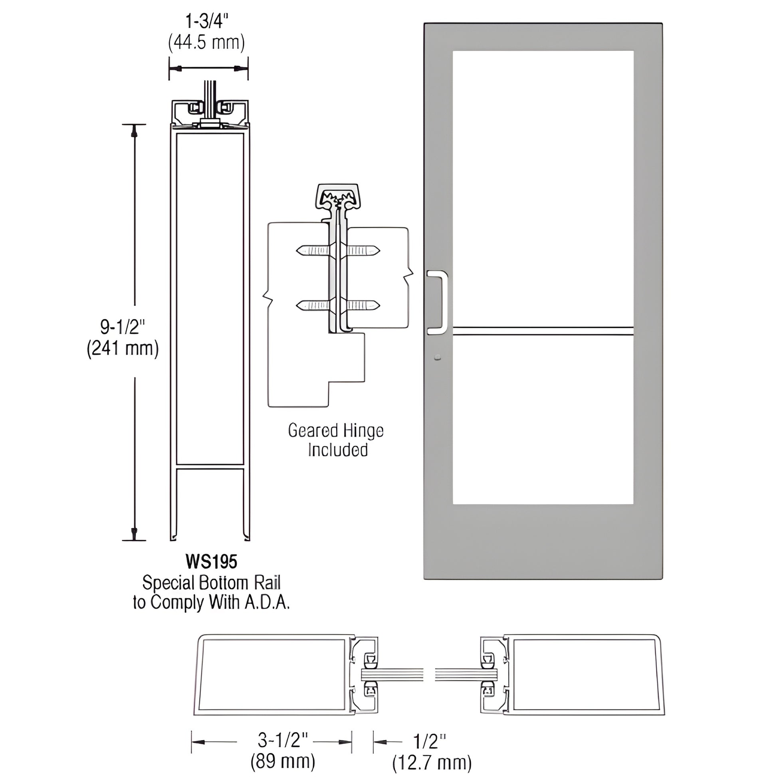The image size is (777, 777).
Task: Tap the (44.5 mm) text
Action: pyautogui.click(x=206, y=43)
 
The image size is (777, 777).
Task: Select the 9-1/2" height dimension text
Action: pyautogui.click(x=122, y=327)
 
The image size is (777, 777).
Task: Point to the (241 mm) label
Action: pyautogui.click(x=123, y=348)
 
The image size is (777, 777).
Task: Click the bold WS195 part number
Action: pyautogui.click(x=211, y=562)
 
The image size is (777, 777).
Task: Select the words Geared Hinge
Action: pyautogui.click(x=335, y=431)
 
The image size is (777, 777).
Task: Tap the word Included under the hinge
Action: pyautogui.click(x=338, y=450)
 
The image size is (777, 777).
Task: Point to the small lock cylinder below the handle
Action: pyautogui.click(x=438, y=357)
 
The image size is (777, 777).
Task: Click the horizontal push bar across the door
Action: pyautogui.click(x=543, y=331)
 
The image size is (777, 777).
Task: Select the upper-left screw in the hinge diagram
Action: pyautogui.click(x=313, y=251)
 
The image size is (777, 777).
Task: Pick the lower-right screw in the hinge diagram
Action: pyautogui.click(x=363, y=306)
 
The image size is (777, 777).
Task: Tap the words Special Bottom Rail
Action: pyautogui.click(x=211, y=582)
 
